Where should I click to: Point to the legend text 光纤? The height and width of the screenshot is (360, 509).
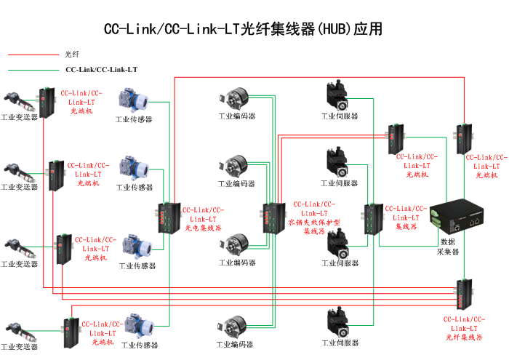click(x=71, y=55)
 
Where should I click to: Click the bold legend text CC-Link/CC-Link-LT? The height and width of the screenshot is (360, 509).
click(x=102, y=71)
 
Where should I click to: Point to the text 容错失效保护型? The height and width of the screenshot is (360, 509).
click(x=314, y=222)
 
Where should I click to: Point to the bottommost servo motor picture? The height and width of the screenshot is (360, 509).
click(x=339, y=322)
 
